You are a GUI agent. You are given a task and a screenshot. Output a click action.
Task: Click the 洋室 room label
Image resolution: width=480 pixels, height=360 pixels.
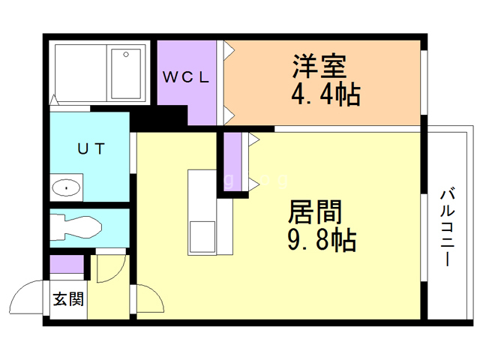pos(319,66)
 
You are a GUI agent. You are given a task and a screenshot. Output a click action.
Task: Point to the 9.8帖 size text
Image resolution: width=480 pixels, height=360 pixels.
pos(321,241)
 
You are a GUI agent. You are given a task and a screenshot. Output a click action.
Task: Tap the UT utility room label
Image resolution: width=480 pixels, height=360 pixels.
pos(91,148)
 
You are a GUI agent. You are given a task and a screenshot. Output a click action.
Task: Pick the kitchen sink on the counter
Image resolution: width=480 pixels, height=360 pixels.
pos(201,238)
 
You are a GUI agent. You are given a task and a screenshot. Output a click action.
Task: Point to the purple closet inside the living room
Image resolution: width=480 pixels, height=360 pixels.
pos(232,161)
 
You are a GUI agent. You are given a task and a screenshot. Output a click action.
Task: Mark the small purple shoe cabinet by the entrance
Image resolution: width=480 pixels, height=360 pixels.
pos(67,265)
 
